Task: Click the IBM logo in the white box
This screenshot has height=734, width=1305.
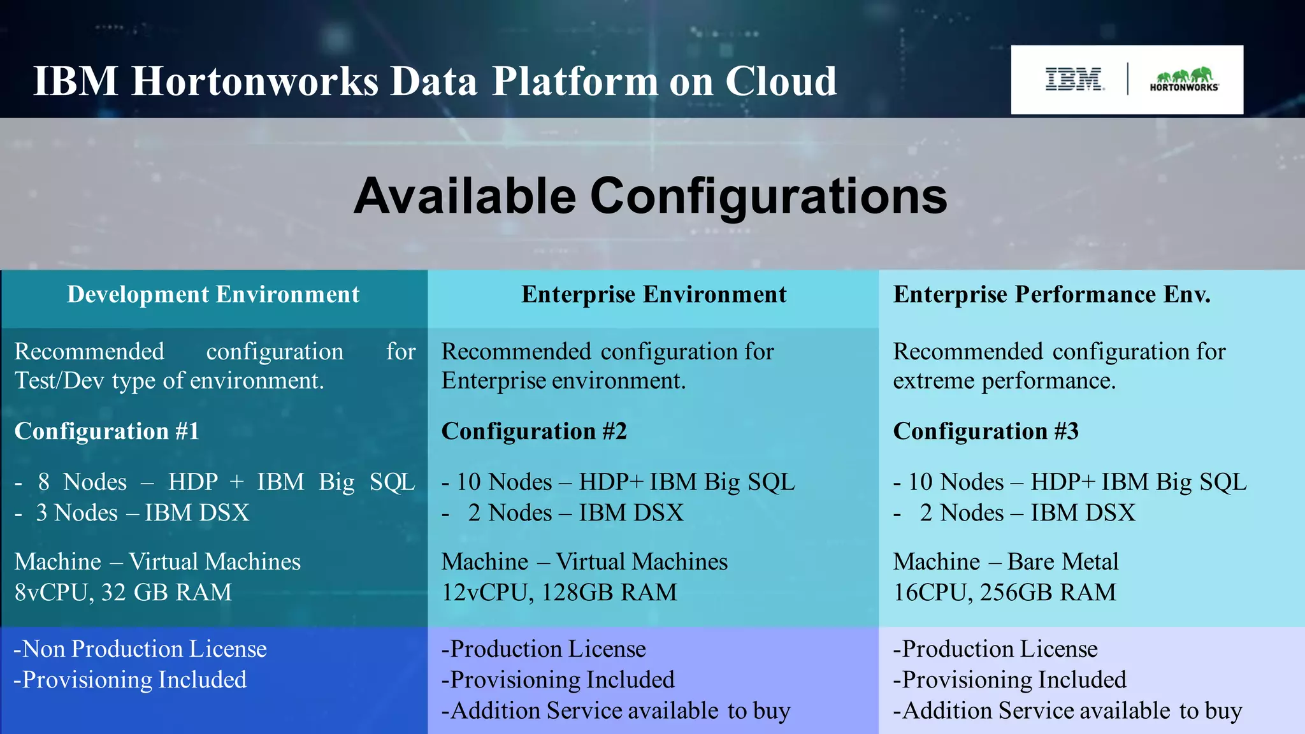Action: tap(1074, 80)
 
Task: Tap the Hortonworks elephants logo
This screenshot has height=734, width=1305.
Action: tap(1184, 80)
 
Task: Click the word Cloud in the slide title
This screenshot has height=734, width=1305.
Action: tap(781, 82)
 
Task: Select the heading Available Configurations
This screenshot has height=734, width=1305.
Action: tap(651, 196)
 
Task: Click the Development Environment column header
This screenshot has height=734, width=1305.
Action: tap(213, 294)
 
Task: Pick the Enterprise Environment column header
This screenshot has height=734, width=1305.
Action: tap(654, 294)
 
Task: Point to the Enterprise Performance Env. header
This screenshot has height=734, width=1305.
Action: tap(1051, 294)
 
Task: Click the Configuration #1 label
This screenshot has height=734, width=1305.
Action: tap(106, 431)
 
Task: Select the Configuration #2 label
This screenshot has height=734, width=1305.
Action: tap(534, 431)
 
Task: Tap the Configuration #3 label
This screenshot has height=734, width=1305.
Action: tap(986, 431)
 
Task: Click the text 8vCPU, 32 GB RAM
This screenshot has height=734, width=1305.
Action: tap(123, 593)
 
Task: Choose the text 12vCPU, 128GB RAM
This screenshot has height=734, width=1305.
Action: tap(559, 593)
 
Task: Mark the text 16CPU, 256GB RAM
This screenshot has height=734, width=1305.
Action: tap(1004, 593)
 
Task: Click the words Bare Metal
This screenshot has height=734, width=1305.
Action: tap(1063, 562)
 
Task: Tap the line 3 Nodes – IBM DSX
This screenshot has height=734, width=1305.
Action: tap(141, 513)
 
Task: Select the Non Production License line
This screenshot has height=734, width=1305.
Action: tap(140, 649)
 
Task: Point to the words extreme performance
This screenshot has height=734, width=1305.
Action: tap(1004, 381)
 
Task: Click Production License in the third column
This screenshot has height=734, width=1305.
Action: tap(999, 649)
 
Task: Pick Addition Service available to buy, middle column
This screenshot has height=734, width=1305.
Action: tap(616, 711)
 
